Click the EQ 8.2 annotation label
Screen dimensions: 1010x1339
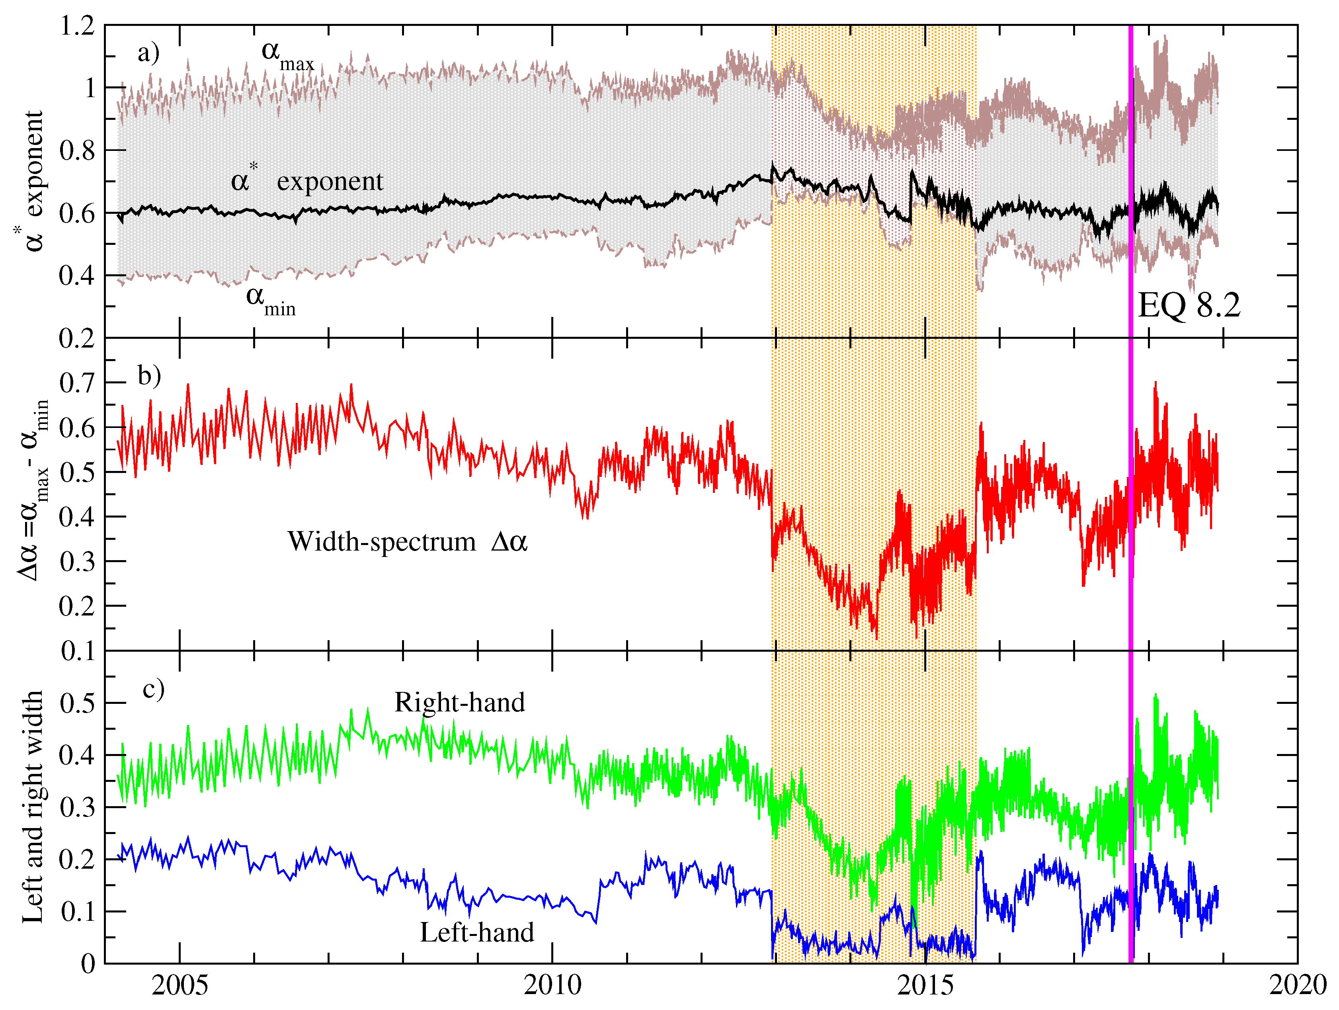coord(1189,306)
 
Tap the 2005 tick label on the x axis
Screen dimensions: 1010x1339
coord(180,986)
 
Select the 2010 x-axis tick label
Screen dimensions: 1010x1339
coord(552,986)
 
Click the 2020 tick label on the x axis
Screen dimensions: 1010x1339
coord(1297,986)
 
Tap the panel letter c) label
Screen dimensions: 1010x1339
coord(153,690)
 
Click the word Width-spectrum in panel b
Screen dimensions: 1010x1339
coord(381,542)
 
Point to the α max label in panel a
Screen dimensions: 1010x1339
coord(287,55)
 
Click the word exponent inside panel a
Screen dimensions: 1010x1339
coord(330,182)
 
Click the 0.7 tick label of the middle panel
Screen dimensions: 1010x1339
coord(78,383)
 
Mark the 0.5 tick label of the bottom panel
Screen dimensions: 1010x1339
coord(78,703)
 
